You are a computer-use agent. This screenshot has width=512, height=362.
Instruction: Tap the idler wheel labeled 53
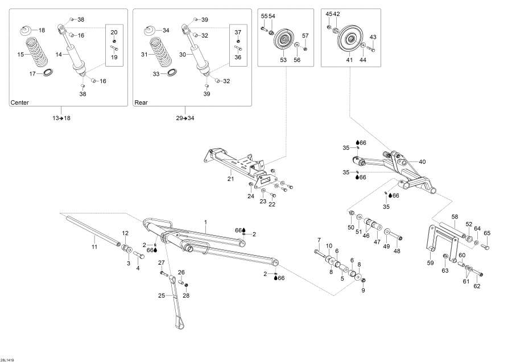tap(283, 42)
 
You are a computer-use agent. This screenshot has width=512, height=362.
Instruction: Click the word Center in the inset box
tap(19, 103)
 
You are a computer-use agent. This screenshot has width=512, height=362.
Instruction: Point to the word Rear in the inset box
tap(141, 103)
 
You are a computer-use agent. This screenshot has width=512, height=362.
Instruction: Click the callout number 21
tap(231, 179)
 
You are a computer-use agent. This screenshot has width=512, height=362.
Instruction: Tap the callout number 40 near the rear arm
tap(422, 162)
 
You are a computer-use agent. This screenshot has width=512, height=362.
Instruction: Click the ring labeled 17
tap(48, 73)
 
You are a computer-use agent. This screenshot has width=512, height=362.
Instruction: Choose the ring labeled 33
tap(171, 73)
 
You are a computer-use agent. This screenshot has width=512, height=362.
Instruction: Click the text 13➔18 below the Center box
tap(61, 118)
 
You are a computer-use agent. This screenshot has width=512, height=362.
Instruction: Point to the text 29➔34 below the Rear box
tap(185, 118)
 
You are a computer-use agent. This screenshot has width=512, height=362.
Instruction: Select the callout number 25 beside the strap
tap(161, 295)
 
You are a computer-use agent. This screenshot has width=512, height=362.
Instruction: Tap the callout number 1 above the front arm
tap(205, 221)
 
